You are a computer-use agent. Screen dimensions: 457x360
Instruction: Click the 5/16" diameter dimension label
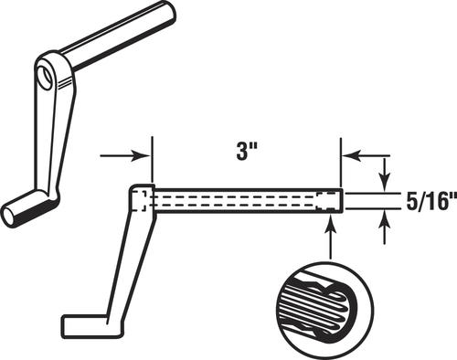click(x=431, y=201)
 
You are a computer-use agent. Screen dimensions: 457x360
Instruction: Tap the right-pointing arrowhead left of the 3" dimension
click(x=142, y=156)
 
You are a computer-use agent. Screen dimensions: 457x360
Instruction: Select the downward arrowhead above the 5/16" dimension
click(x=386, y=183)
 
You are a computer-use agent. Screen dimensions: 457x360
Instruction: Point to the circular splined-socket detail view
click(x=325, y=307)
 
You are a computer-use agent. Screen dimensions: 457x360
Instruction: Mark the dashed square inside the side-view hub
click(x=140, y=201)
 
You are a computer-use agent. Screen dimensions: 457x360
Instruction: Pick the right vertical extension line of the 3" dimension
click(x=341, y=163)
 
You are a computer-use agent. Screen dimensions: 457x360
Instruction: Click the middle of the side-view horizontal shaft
click(x=249, y=201)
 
